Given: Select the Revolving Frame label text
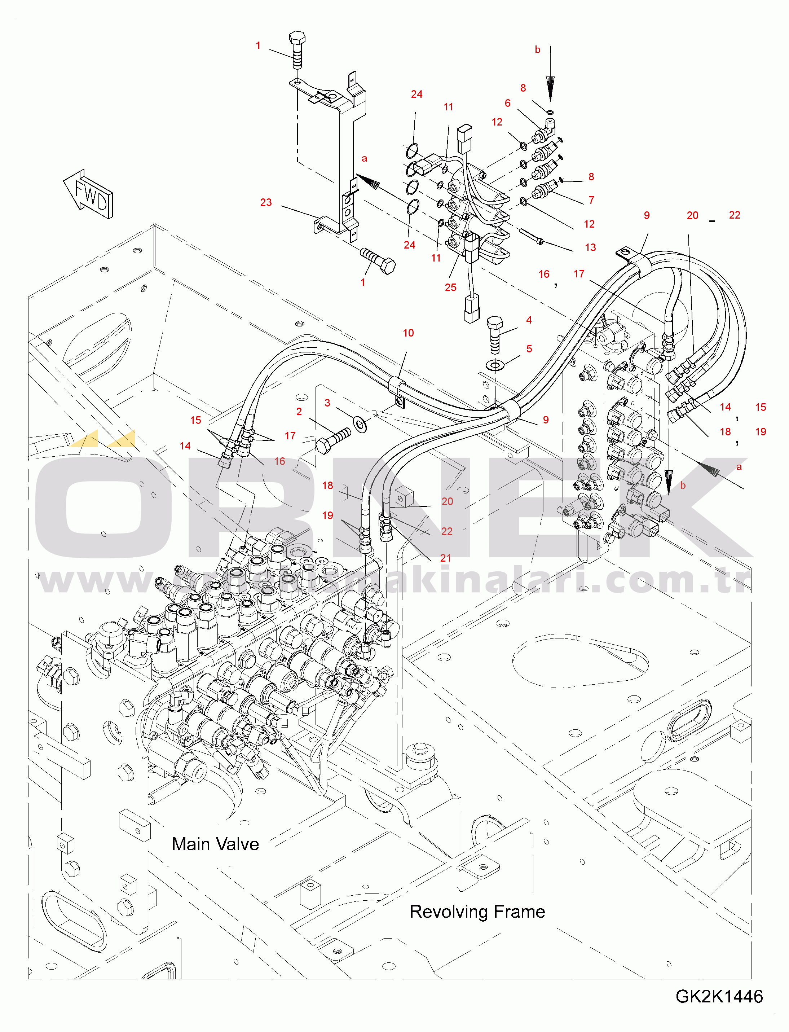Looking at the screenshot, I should (x=477, y=912).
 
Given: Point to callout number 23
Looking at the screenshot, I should (x=266, y=202).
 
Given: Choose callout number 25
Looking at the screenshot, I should (x=450, y=287).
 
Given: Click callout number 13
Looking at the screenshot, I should (x=590, y=247).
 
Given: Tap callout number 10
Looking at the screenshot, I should (x=408, y=333).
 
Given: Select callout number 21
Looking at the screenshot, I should (x=446, y=558).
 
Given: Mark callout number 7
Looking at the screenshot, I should (x=591, y=200).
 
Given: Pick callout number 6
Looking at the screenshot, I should (x=507, y=103).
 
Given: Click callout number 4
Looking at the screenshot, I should (x=529, y=320).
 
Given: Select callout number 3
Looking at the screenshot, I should (x=327, y=403).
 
